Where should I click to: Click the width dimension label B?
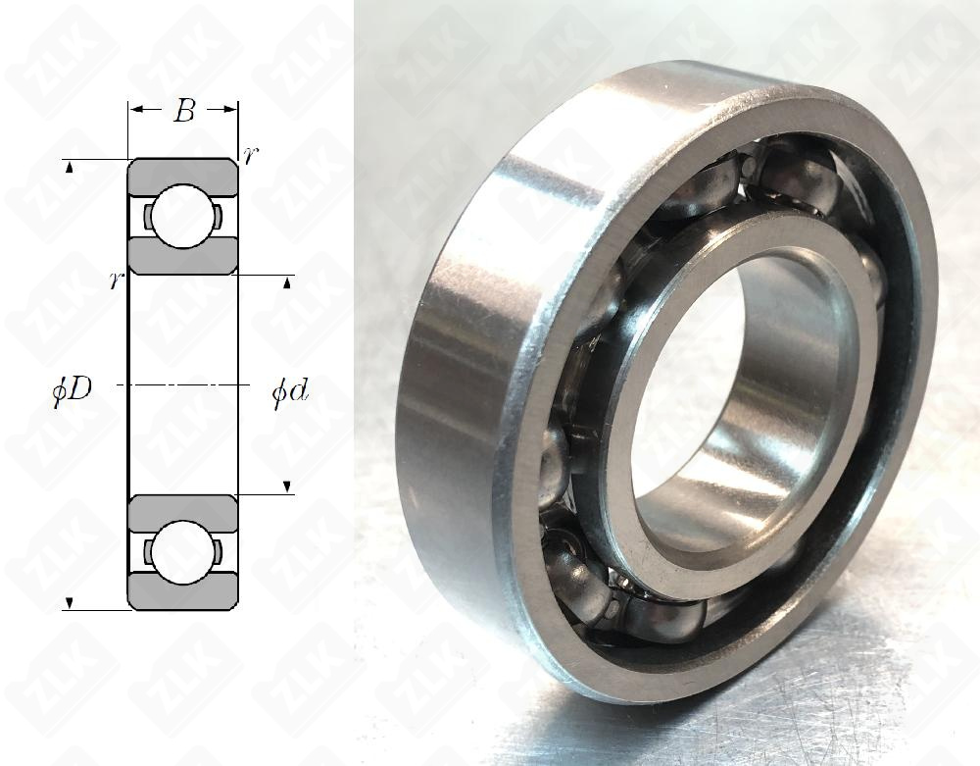point(183,111)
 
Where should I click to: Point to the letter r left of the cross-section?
point(116,281)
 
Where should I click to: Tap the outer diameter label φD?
point(73,388)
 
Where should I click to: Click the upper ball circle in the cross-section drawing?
point(183,216)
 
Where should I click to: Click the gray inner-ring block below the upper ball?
point(183,258)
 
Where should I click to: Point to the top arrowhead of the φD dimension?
point(70,171)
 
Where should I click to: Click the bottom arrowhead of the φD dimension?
point(70,601)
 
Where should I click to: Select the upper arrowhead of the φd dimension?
point(286,283)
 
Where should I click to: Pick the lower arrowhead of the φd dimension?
point(286,486)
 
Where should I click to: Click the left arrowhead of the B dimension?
point(136,109)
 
